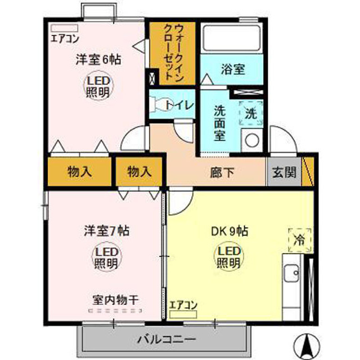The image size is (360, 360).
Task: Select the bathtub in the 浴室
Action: (x=232, y=38)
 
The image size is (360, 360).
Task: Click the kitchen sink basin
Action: (x=291, y=273)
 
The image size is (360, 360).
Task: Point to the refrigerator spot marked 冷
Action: (x=300, y=240)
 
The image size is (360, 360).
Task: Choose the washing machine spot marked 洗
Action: (x=251, y=113)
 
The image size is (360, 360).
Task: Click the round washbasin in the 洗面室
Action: (x=252, y=140)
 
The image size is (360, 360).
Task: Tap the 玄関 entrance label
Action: (x=284, y=172)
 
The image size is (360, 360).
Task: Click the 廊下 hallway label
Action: (x=222, y=173)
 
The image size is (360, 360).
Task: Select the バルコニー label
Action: (x=166, y=339)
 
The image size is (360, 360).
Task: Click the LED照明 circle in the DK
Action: (x=227, y=256)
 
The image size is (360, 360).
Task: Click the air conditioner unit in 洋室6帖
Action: (x=65, y=28)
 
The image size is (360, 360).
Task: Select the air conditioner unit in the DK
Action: (x=183, y=314)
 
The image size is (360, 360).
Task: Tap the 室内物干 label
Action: (x=116, y=300)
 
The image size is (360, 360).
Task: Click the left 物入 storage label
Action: (x=80, y=172)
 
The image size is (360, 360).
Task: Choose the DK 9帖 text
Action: (x=229, y=231)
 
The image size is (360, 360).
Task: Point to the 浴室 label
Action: (x=233, y=69)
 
